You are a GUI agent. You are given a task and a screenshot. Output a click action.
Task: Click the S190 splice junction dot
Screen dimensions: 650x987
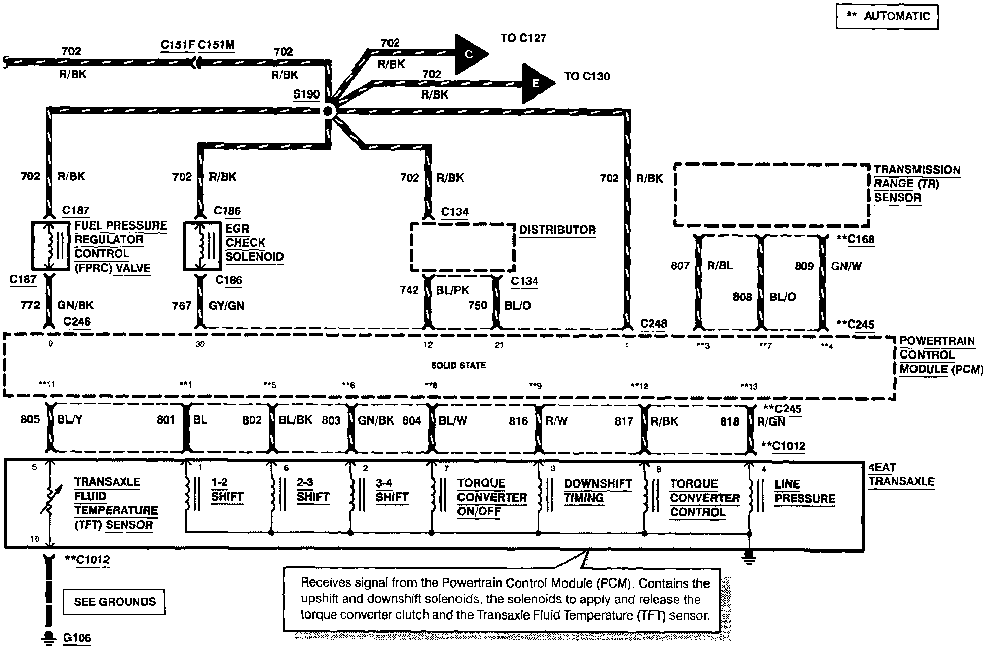click(328, 111)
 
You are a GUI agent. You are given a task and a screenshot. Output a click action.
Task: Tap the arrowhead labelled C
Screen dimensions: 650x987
click(470, 54)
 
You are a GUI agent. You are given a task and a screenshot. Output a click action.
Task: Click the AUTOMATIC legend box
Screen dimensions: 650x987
click(887, 16)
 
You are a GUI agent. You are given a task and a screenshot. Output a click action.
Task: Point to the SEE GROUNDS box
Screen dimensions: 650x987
click(114, 602)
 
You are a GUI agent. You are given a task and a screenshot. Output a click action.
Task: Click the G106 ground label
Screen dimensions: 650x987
click(77, 638)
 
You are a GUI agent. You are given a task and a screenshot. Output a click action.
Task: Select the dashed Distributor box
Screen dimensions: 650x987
click(462, 247)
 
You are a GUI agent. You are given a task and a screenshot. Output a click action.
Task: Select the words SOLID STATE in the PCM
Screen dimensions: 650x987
click(458, 365)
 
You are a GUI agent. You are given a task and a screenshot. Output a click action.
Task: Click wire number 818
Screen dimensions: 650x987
click(730, 421)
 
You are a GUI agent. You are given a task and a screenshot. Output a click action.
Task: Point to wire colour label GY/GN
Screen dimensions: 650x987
click(226, 305)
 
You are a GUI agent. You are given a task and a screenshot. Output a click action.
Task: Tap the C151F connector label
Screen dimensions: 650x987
click(178, 45)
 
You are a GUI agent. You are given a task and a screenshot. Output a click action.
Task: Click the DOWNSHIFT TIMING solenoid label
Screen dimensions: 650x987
click(598, 490)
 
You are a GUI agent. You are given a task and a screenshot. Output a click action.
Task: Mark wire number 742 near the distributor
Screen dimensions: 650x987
click(409, 290)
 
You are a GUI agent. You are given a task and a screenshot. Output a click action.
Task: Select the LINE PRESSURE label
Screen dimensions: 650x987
click(804, 491)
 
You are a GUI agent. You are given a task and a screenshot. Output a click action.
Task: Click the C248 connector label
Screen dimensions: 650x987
click(654, 323)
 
